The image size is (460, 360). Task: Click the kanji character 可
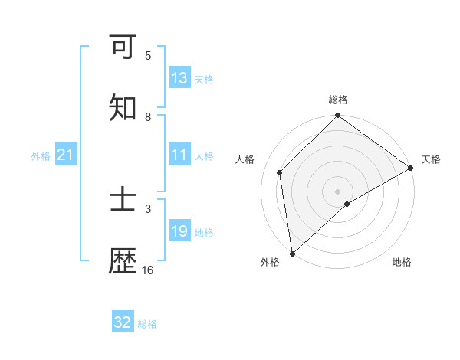tap(123, 47)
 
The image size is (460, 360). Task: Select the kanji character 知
tap(123, 108)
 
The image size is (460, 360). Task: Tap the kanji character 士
tap(123, 201)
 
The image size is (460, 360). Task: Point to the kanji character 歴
tap(123, 262)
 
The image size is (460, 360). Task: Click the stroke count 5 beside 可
tap(148, 56)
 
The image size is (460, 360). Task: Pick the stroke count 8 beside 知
tap(148, 117)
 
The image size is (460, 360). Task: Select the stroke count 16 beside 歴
tap(148, 270)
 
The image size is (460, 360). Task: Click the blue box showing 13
tap(179, 77)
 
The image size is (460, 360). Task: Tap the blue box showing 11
tap(179, 155)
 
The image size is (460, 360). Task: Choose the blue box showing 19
tap(179, 231)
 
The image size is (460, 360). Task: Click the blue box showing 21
tap(66, 155)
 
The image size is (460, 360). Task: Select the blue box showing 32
tap(123, 322)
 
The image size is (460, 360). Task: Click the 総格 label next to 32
tap(147, 324)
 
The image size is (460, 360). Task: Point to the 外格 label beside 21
tap(41, 156)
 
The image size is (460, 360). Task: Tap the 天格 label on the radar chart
tap(431, 159)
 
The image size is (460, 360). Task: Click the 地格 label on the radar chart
tap(402, 262)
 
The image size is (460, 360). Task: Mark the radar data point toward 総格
tap(338, 116)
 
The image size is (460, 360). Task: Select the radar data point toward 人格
tap(280, 172)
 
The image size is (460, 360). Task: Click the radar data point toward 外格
tap(292, 254)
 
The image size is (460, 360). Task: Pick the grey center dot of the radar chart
tap(338, 191)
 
